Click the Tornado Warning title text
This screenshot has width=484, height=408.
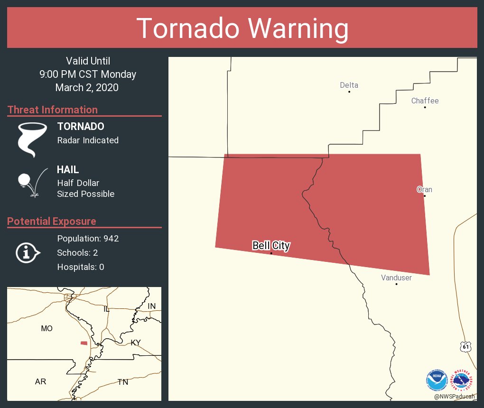click(242, 28)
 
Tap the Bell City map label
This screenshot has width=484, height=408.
click(271, 246)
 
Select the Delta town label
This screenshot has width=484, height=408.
click(349, 85)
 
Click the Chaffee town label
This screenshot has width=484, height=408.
click(425, 101)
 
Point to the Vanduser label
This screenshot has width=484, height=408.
click(396, 278)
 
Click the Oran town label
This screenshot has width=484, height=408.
click(424, 189)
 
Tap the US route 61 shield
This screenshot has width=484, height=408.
click(466, 347)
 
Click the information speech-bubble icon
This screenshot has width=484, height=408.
click(28, 253)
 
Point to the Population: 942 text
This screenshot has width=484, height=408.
click(88, 238)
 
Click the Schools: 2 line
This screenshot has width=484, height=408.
click(77, 252)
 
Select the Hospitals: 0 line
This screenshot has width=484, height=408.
click(81, 267)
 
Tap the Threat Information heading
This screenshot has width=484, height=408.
click(53, 110)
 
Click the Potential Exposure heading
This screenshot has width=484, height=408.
click(52, 221)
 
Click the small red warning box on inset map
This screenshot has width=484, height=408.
click(84, 343)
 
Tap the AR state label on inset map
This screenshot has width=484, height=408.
click(40, 381)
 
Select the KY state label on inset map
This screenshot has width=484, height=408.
click(136, 343)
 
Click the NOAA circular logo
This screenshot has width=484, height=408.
click(437, 380)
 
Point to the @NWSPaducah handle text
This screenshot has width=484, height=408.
click(455, 396)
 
